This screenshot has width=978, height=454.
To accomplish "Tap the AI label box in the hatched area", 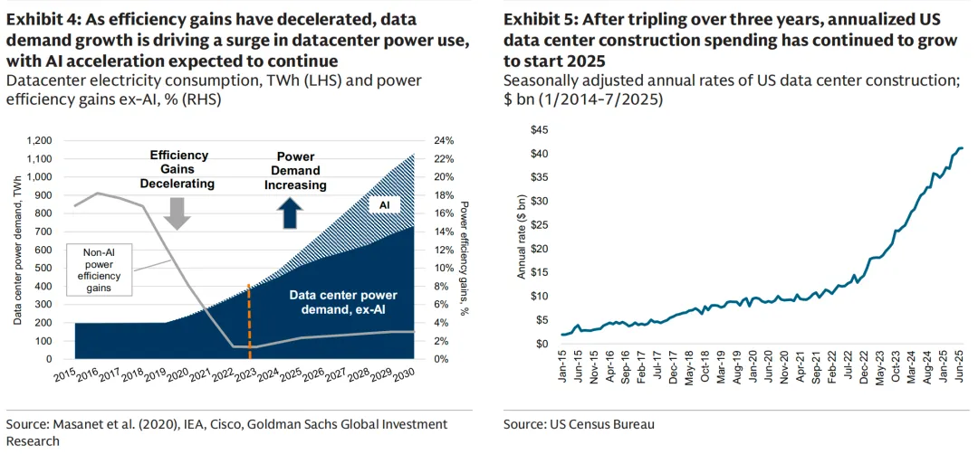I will coord(383,205).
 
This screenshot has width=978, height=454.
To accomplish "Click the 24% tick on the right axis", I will coord(441,141).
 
